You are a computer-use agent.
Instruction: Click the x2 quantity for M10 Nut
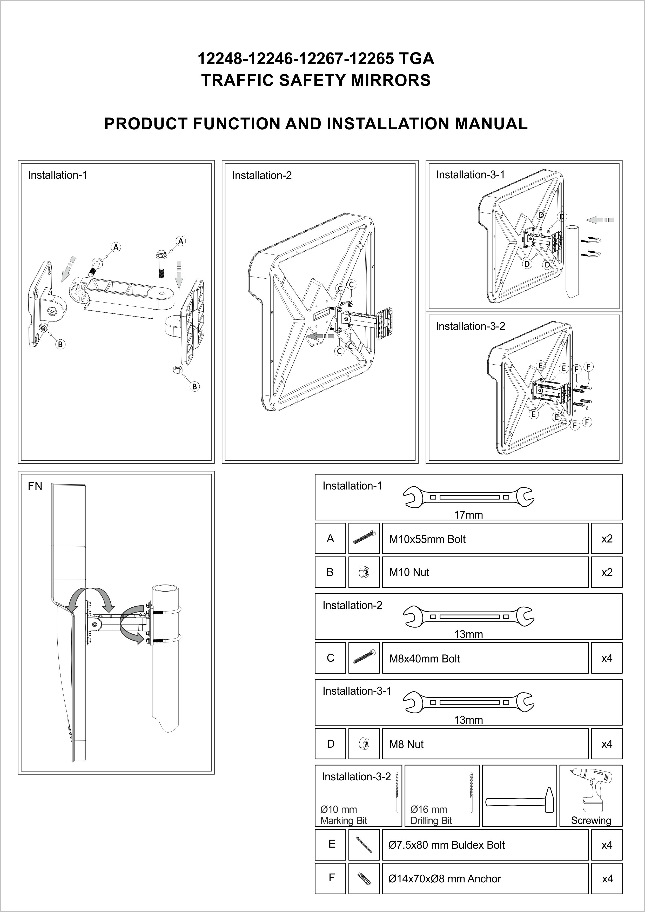tap(607, 572)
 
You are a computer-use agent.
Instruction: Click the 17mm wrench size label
tap(468, 515)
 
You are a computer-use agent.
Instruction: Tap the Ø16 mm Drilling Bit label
tap(431, 815)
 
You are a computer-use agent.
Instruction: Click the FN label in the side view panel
tap(35, 486)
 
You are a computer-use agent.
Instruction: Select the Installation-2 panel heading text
tap(262, 176)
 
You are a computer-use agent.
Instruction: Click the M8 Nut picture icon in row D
tap(364, 743)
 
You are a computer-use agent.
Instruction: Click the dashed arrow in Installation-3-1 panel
tap(600, 219)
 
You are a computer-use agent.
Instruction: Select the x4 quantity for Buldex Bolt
tap(607, 845)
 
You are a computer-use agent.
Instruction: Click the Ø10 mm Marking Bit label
tap(344, 815)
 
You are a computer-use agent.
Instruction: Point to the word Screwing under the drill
tap(590, 820)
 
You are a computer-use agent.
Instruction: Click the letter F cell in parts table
tap(331, 877)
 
